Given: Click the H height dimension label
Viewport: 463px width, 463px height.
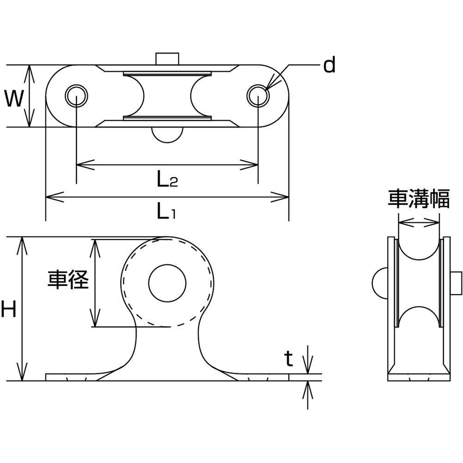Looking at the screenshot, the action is (x=8, y=309).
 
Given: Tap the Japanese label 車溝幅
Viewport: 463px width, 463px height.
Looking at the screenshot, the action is (x=419, y=199).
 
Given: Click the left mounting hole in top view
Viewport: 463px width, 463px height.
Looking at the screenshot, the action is (x=76, y=96).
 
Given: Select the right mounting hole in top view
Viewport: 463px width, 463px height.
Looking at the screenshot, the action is (x=258, y=96).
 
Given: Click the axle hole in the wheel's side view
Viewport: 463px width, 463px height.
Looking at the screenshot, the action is (x=168, y=283).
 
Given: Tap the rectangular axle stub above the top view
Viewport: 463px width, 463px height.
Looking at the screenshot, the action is (x=168, y=58).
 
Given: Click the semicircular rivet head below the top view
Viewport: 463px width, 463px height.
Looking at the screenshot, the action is (x=168, y=135).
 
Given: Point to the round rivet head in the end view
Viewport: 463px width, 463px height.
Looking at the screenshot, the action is (x=380, y=283).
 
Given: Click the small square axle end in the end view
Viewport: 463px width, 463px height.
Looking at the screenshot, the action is (x=456, y=283).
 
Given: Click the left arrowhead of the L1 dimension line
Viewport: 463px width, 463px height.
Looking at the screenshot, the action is (x=55, y=197).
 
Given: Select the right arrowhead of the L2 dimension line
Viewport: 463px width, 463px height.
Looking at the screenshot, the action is (x=249, y=165).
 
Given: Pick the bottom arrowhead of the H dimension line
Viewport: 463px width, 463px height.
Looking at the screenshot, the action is (x=22, y=372).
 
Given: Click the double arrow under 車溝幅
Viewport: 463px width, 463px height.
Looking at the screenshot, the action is (x=419, y=222).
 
